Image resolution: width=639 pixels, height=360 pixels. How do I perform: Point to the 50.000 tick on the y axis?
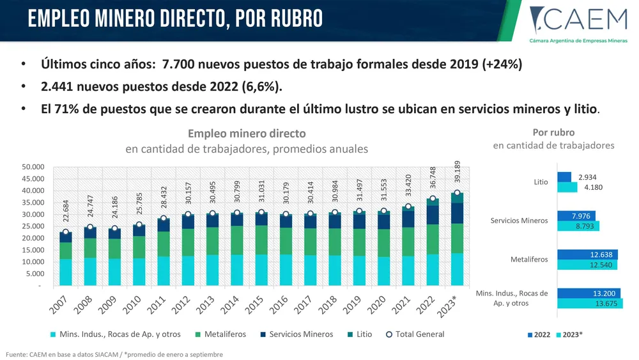tap(33, 167)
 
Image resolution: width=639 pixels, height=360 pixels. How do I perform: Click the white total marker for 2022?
tap(433, 199)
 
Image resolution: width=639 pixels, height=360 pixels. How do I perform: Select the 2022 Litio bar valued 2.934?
tap(564, 177)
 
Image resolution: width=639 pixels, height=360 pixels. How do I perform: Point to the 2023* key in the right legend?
tap(569, 334)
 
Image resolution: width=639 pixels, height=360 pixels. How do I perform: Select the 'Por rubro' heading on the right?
tap(553, 132)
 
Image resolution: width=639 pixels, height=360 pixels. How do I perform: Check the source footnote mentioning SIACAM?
tap(115, 354)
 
